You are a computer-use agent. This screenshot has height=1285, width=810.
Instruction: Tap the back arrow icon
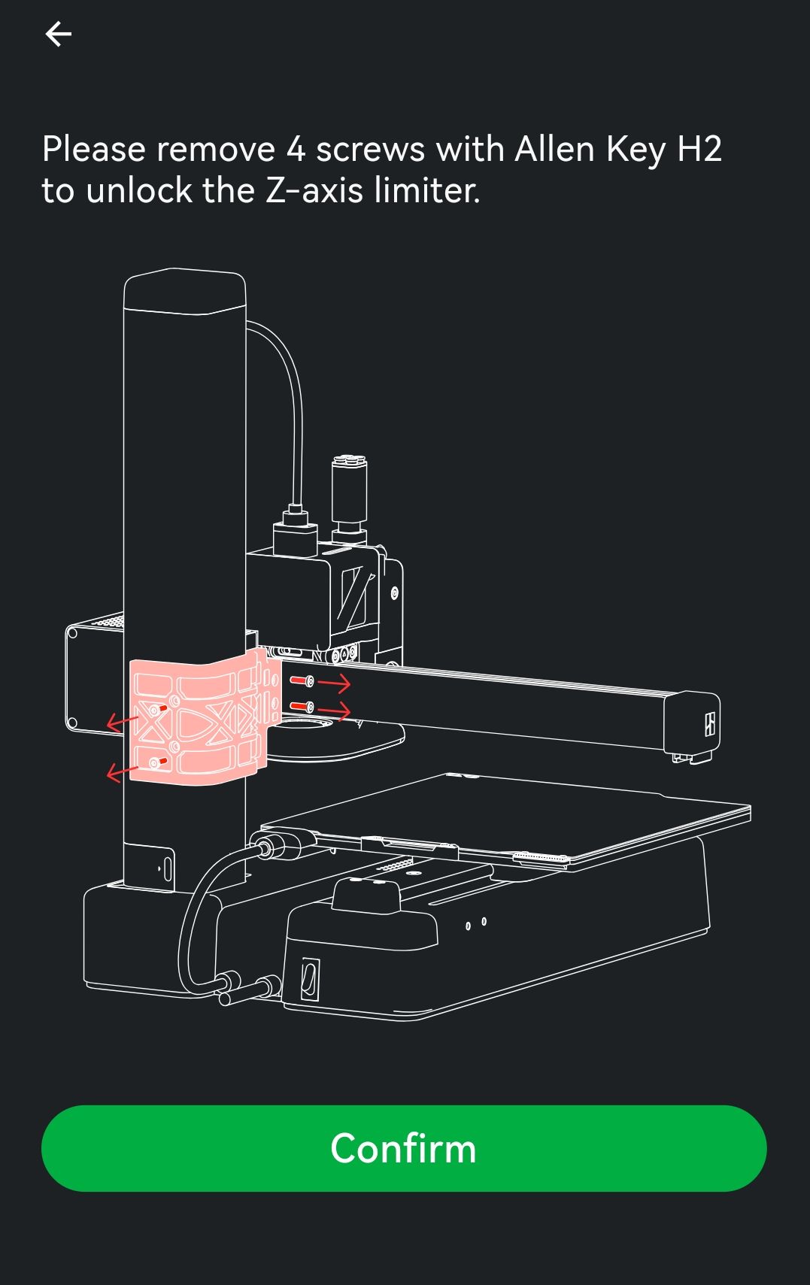(59, 34)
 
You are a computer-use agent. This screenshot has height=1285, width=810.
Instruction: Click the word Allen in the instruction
(555, 149)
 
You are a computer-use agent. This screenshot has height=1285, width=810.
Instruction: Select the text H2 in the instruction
(699, 149)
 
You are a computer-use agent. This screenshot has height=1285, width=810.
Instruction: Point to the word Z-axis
(314, 190)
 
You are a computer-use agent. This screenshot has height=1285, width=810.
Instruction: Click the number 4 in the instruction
(296, 150)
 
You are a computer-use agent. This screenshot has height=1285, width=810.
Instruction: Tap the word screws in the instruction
(370, 150)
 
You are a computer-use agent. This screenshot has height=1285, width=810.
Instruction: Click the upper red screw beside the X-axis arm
(302, 680)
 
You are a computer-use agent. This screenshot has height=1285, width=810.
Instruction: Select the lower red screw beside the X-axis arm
(302, 705)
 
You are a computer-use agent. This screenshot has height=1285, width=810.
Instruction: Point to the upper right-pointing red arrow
(334, 683)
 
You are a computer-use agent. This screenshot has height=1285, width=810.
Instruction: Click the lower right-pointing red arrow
(334, 711)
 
